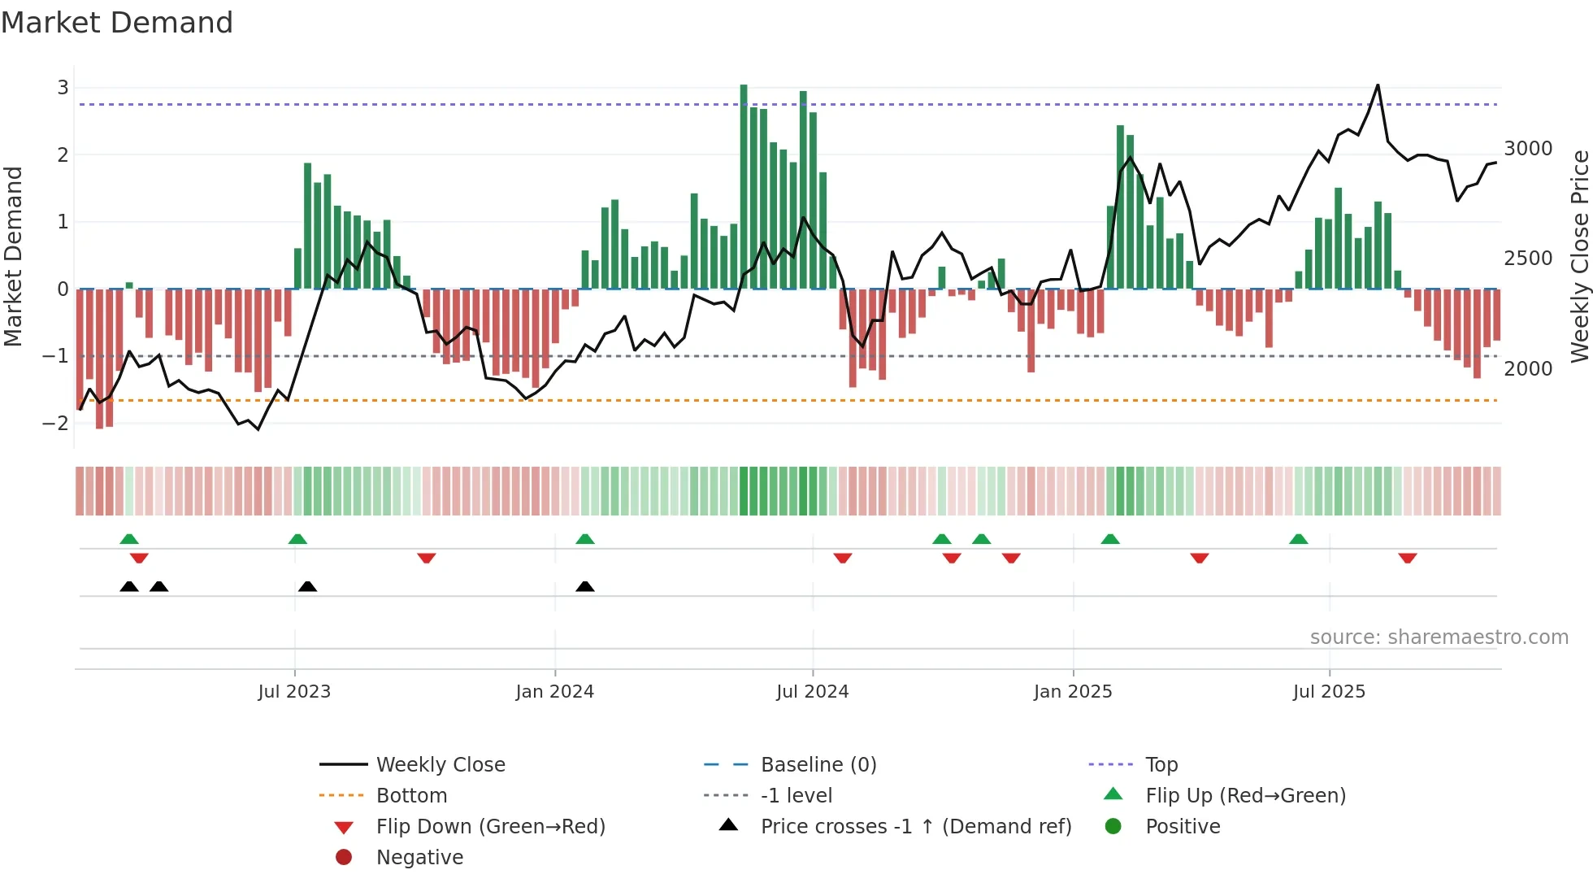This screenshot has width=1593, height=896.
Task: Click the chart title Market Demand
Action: coord(117,23)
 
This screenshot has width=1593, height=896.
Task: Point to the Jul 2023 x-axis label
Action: coord(294,692)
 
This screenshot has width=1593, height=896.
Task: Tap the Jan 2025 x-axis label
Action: coord(1073,692)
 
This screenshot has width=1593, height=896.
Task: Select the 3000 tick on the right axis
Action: coord(1528,149)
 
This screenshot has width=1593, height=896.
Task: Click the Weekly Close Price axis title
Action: coord(1579,256)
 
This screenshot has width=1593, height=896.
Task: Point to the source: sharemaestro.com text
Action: coord(1439,637)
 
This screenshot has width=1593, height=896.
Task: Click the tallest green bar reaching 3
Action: coord(744,187)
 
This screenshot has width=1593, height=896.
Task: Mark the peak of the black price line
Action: coord(1378,85)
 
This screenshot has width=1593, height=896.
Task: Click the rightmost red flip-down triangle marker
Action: coord(1408,558)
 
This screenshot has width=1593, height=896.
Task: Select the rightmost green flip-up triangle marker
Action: coord(1299,539)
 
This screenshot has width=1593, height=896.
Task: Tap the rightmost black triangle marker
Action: coord(585,586)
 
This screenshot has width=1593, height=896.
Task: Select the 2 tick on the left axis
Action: coord(63,154)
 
